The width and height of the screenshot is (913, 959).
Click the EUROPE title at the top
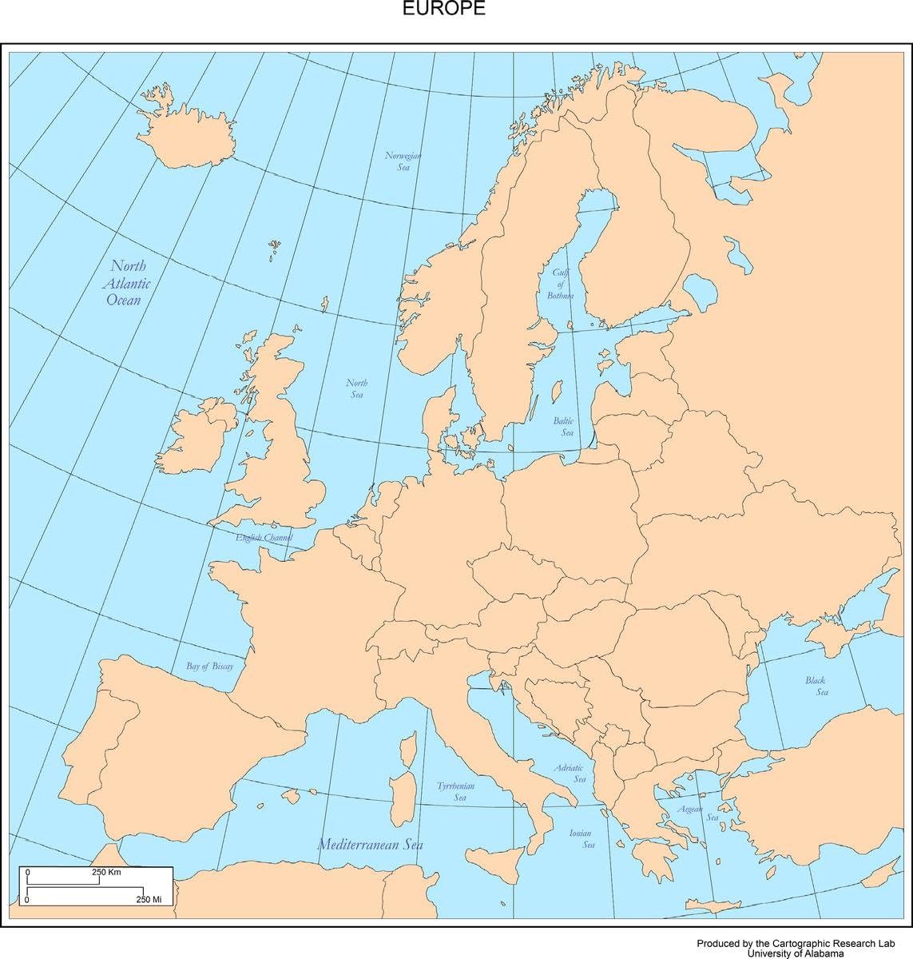443,9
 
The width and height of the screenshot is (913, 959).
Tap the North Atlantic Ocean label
127,283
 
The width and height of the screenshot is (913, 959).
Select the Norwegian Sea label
403,161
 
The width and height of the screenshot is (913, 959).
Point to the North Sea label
356,389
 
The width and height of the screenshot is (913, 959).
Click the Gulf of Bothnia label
560,284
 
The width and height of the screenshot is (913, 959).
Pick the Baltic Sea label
564,426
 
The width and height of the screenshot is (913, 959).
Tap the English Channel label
264,538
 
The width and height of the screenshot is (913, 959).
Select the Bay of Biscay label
209,666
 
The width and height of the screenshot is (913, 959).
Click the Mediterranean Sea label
370,844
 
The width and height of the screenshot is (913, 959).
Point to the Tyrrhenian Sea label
456,791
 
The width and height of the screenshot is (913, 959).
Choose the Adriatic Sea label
570,773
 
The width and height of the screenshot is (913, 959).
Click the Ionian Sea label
582,838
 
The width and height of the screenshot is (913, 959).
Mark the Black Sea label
816,686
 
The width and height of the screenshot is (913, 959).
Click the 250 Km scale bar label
106,872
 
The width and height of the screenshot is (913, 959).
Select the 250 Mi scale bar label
149,900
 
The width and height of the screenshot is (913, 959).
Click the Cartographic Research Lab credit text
798,943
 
